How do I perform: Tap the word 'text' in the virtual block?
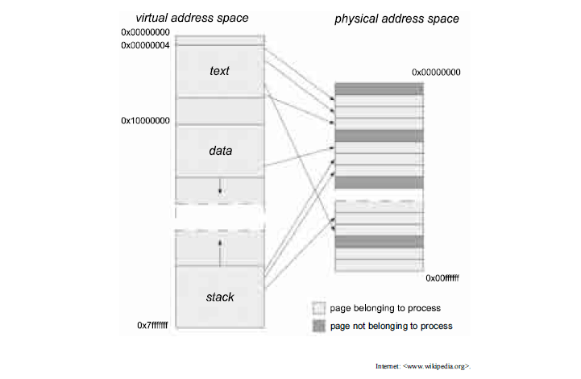[x=219, y=71]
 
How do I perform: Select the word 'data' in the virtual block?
[x=219, y=150]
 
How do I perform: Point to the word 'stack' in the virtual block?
[x=219, y=297]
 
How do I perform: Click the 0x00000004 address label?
[x=145, y=45]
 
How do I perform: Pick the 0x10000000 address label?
[x=145, y=120]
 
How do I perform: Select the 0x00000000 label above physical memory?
[x=436, y=72]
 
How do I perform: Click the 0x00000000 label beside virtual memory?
[x=145, y=32]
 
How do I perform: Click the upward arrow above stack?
[x=220, y=252]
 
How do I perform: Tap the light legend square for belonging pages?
[x=318, y=308]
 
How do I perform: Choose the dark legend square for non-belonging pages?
[x=318, y=326]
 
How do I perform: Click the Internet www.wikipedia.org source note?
[x=422, y=365]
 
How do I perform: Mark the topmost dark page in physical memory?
[x=379, y=89]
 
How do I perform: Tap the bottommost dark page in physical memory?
[x=379, y=241]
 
